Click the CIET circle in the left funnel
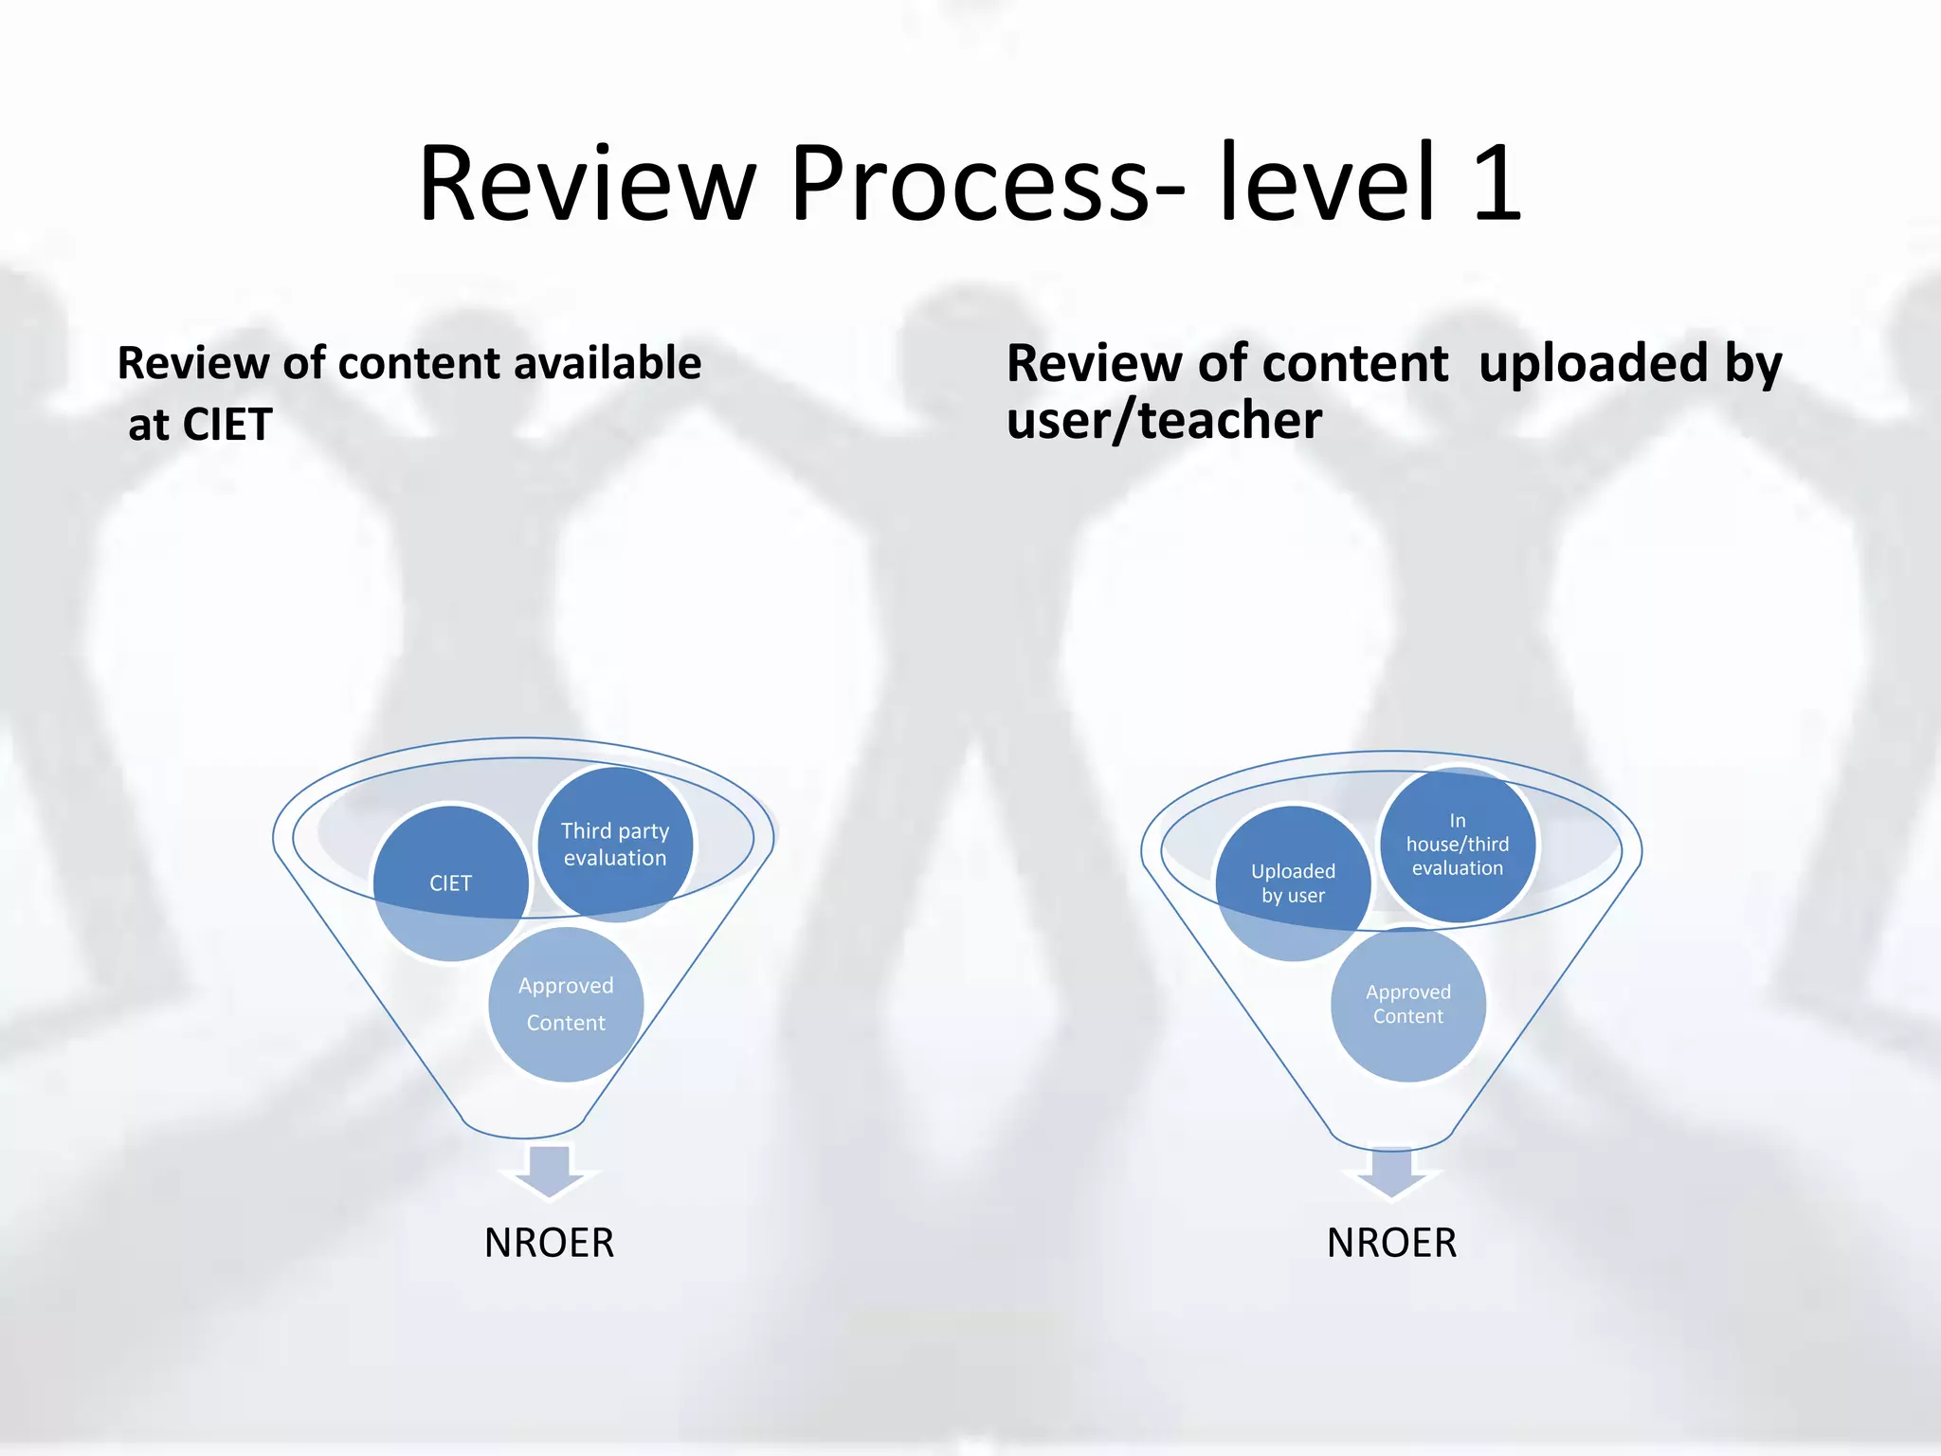(450, 883)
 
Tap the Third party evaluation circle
(615, 844)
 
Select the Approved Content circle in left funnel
(566, 1005)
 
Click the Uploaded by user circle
(1293, 883)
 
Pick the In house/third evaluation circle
(1458, 844)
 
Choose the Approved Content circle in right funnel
(1408, 1005)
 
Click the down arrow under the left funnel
(550, 1170)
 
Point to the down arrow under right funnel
(1391, 1172)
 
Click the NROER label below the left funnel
(550, 1243)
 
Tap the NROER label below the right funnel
(1391, 1243)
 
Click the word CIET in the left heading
(227, 424)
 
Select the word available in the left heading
(607, 363)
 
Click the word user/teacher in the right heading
(1164, 420)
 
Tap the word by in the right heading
(1753, 363)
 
